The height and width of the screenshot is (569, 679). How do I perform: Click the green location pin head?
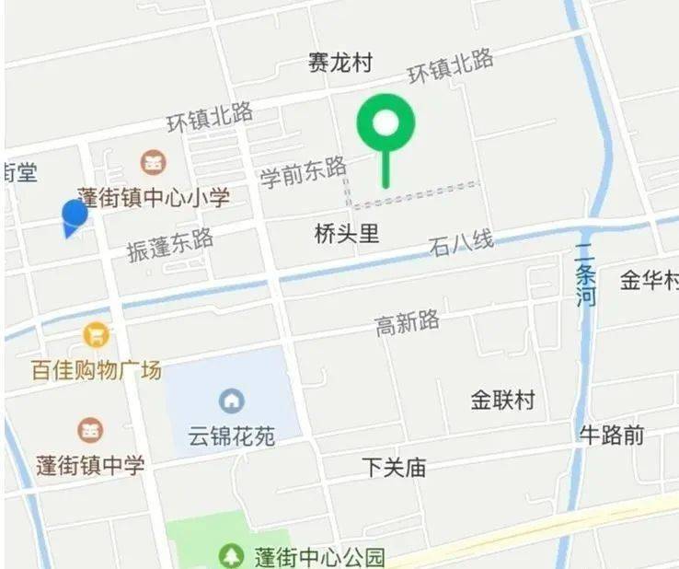click(386, 122)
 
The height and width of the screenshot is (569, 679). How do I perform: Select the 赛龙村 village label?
click(340, 63)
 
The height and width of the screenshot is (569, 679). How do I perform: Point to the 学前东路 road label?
click(304, 171)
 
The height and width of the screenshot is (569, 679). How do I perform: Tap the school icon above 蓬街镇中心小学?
click(154, 163)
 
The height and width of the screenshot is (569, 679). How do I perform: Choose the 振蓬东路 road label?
click(170, 245)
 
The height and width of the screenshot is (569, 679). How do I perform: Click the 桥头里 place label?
click(347, 234)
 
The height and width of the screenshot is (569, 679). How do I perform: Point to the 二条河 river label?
click(586, 273)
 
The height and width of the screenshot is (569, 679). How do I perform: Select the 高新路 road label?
click(408, 323)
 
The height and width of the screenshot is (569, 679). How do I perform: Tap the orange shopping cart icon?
click(95, 335)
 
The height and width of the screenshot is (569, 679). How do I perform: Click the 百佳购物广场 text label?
click(97, 370)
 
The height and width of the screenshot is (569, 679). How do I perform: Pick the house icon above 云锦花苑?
click(231, 401)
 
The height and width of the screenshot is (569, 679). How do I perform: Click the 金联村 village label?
click(502, 400)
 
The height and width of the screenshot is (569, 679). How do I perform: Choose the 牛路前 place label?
click(612, 435)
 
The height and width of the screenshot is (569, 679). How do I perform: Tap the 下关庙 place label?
click(394, 468)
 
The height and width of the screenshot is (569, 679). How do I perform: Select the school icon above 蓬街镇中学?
click(90, 430)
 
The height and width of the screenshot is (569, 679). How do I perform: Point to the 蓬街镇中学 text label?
click(90, 465)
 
